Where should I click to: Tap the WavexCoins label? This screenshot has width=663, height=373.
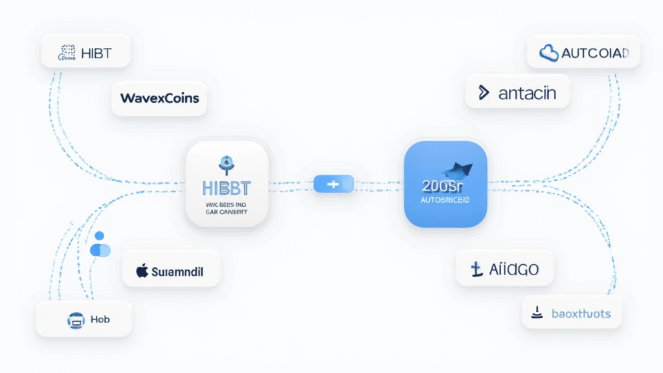tap(159, 98)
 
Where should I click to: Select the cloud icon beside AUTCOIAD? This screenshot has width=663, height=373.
tap(549, 53)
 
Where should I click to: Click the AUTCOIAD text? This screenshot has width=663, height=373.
tap(594, 53)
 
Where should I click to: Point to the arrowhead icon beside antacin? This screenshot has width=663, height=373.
tap(483, 93)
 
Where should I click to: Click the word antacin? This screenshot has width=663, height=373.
tap(527, 93)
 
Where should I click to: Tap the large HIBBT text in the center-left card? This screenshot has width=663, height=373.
tap(226, 188)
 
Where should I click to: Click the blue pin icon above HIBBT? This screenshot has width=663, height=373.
tap(226, 164)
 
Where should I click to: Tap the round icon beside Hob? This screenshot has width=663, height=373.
tap(75, 319)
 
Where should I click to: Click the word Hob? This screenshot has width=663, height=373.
tap(100, 319)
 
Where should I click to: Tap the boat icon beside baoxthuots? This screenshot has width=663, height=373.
tap(537, 313)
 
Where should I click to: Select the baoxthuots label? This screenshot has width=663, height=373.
tap(580, 313)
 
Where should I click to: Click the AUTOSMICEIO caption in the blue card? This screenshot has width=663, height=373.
tap(445, 201)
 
